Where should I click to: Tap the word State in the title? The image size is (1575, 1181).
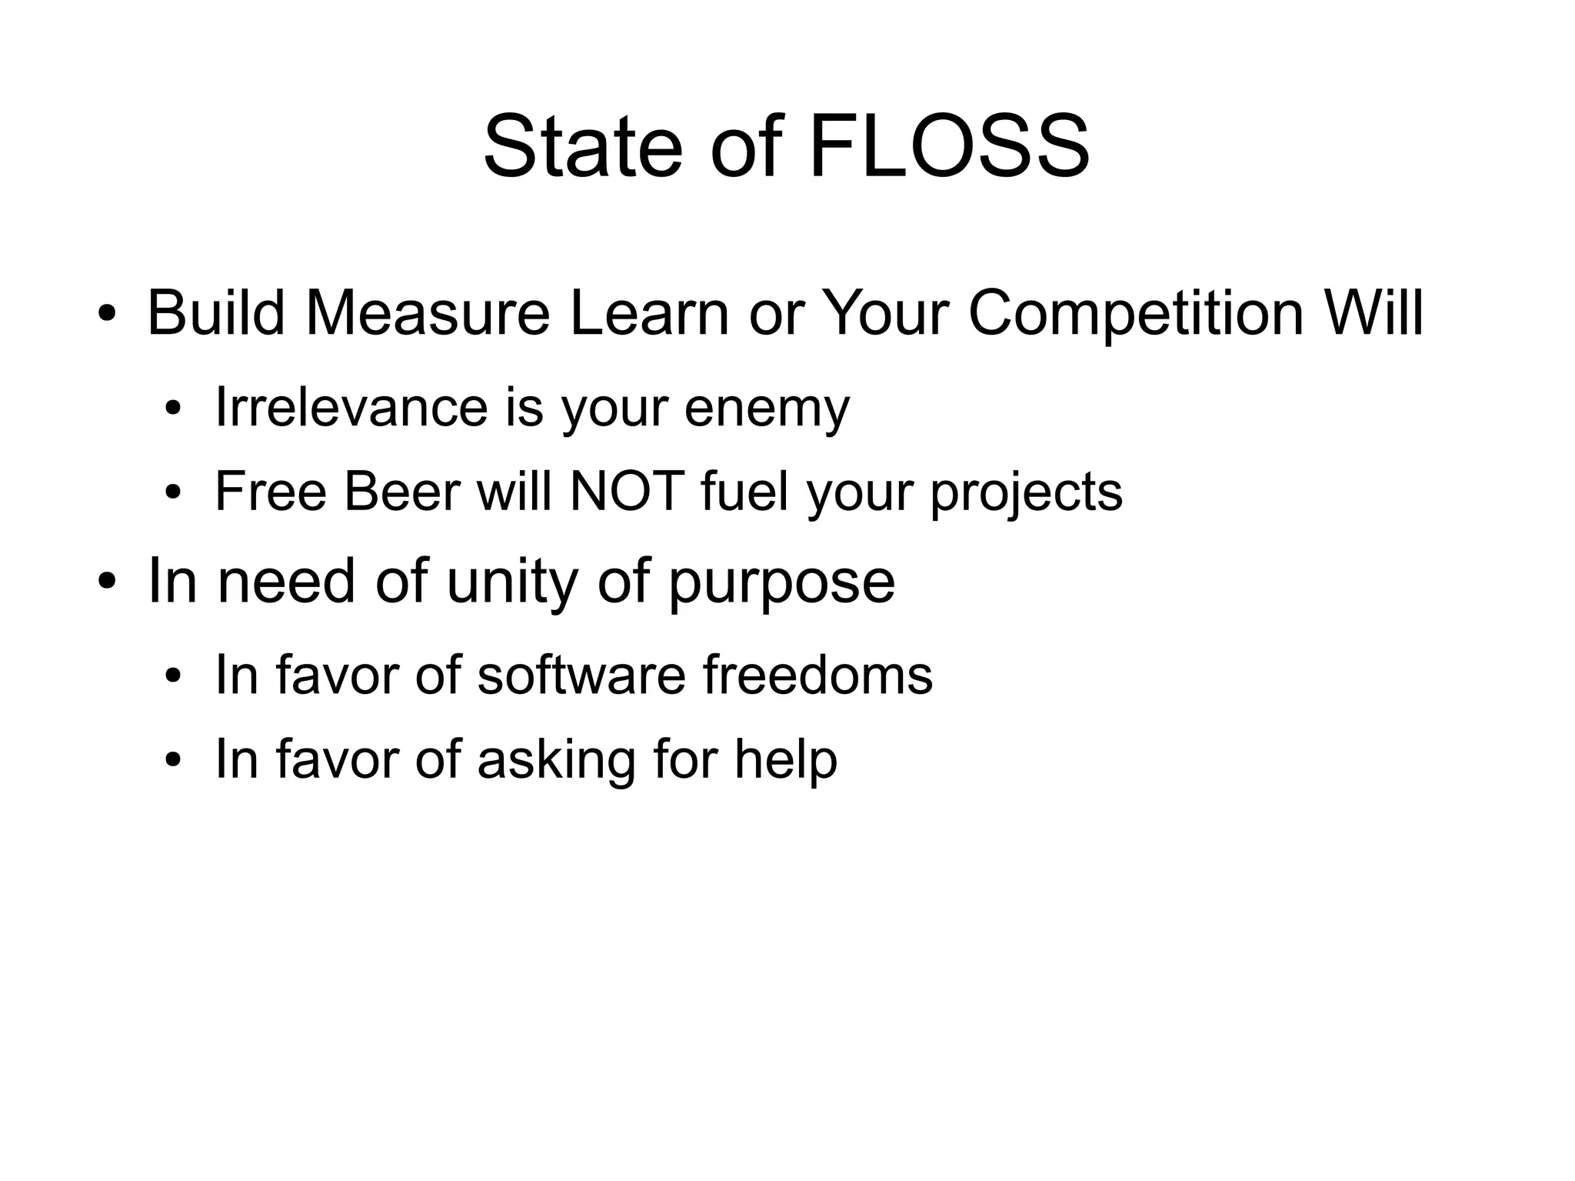click(582, 146)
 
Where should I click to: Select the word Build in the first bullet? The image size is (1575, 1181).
click(216, 313)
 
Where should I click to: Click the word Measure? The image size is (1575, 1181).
click(428, 313)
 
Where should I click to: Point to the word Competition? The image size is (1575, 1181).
click(1135, 313)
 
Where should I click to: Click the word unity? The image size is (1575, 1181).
click(511, 582)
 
